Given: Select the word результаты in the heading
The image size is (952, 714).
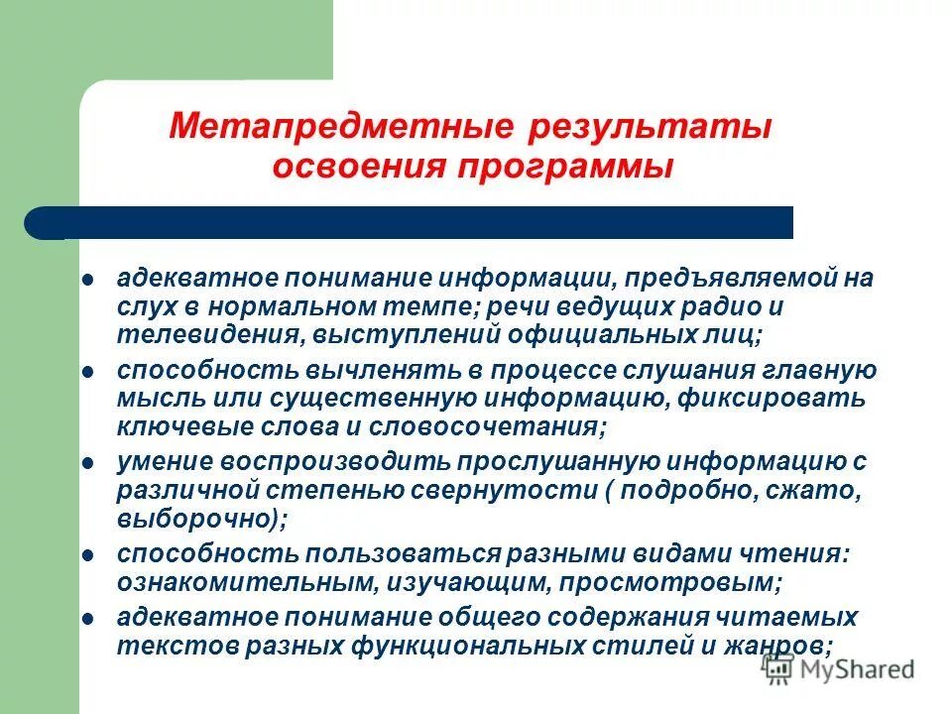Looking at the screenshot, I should click(x=645, y=129).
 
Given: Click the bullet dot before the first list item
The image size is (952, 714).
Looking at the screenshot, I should click(x=86, y=280).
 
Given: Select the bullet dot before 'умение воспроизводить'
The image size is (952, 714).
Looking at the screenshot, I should click(x=86, y=462).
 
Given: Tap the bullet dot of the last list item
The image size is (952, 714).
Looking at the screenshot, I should click(x=86, y=617).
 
